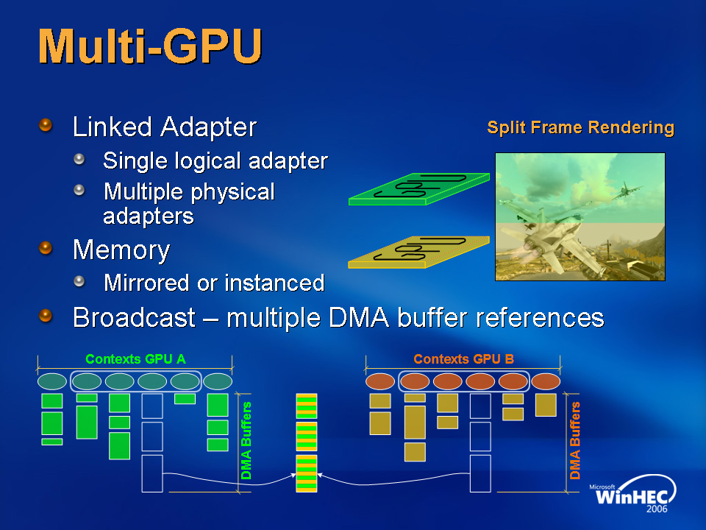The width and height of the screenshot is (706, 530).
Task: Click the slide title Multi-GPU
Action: (150, 47)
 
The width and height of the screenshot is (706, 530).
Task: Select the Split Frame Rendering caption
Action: (580, 128)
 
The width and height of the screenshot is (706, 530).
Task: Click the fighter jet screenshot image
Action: (580, 216)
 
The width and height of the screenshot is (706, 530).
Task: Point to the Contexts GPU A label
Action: (135, 359)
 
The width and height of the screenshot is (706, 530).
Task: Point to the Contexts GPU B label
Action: (463, 359)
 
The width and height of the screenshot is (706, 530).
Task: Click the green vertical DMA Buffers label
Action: (247, 440)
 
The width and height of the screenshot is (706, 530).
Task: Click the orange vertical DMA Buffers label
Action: (576, 440)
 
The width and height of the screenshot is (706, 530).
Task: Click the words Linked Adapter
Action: (164, 127)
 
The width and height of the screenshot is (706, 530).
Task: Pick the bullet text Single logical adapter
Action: (215, 160)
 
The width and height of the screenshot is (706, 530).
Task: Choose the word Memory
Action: (121, 250)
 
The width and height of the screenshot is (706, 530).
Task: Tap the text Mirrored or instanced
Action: (214, 283)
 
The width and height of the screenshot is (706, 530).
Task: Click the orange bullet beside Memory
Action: (46, 249)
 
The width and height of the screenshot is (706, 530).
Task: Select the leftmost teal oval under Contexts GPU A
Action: (51, 381)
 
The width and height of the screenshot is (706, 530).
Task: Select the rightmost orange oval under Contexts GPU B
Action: (545, 382)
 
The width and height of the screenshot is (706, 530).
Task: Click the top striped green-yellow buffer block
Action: (306, 406)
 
